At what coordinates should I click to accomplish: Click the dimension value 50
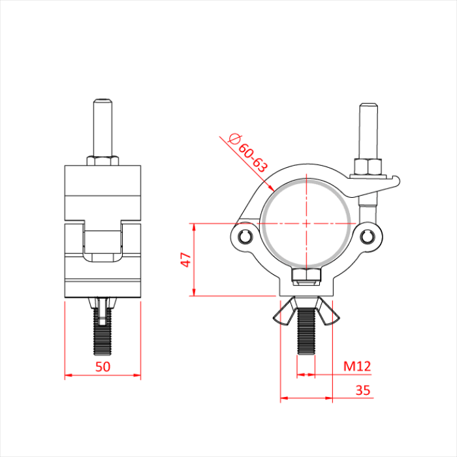[102, 366]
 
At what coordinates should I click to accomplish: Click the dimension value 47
[185, 260]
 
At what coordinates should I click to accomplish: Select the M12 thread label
[357, 366]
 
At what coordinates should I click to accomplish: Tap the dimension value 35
[364, 390]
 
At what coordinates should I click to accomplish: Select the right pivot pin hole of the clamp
[368, 236]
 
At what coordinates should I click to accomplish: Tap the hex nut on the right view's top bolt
[368, 167]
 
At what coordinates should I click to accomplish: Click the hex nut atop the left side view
[102, 160]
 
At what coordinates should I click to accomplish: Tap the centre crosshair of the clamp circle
[306, 223]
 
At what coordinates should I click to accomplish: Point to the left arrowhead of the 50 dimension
[67, 375]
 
